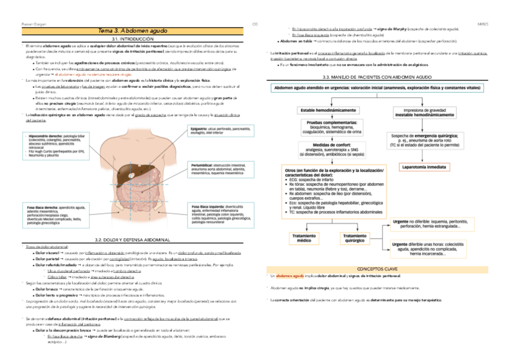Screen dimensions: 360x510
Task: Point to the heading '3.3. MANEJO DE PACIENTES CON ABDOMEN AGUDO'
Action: tap(377, 77)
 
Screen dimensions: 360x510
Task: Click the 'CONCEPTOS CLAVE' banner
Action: tap(377, 268)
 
